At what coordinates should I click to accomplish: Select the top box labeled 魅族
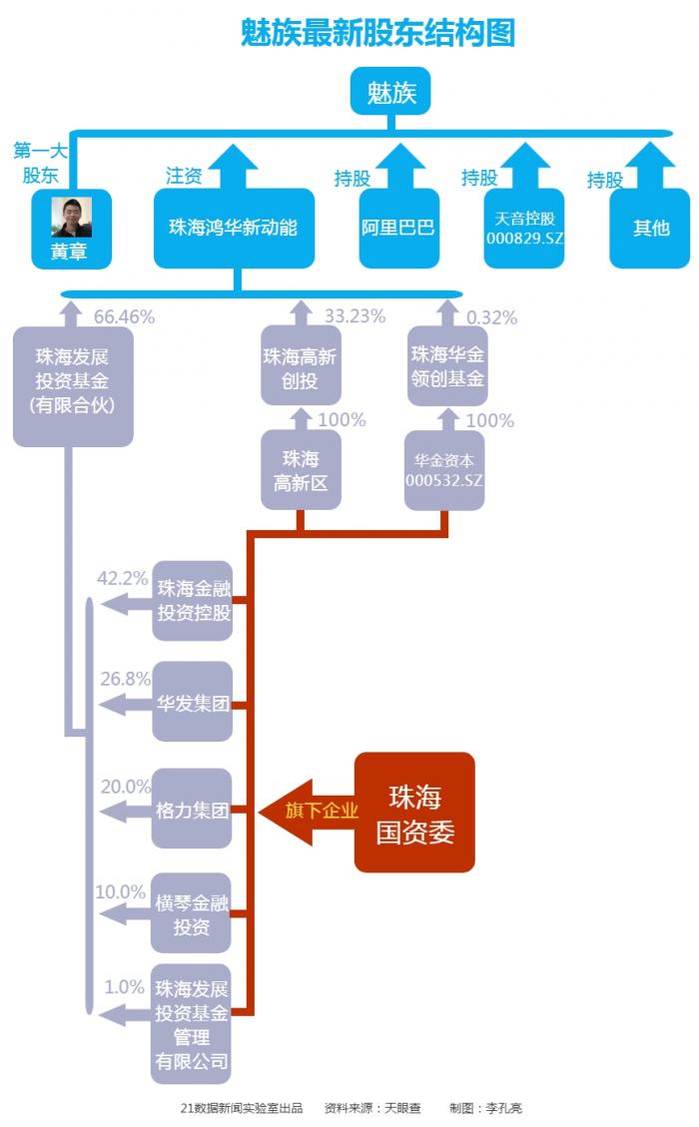pyautogui.click(x=390, y=94)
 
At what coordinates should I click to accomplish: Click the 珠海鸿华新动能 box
pyautogui.click(x=233, y=228)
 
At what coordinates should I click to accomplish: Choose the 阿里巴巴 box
pyautogui.click(x=398, y=228)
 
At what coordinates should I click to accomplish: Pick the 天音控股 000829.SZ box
pyautogui.click(x=525, y=229)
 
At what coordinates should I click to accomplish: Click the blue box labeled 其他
pyautogui.click(x=650, y=228)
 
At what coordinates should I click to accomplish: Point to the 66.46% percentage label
pyautogui.click(x=124, y=317)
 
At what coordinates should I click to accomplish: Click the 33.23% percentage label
pyautogui.click(x=354, y=316)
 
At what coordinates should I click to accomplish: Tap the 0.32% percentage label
pyautogui.click(x=491, y=318)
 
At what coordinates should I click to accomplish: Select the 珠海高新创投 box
pyautogui.click(x=300, y=368)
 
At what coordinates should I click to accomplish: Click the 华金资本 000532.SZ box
pyautogui.click(x=444, y=470)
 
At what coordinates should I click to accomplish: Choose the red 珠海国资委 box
pyautogui.click(x=414, y=813)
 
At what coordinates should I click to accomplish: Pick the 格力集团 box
pyautogui.click(x=193, y=810)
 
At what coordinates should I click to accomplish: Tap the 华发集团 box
pyautogui.click(x=193, y=704)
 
